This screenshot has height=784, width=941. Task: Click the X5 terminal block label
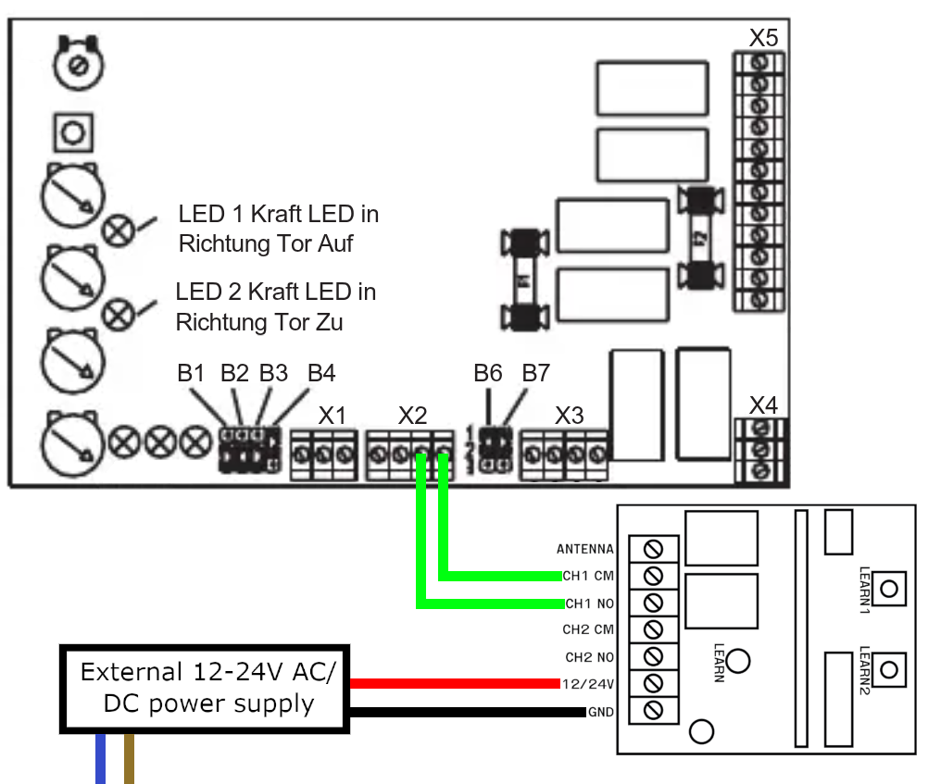pos(763,38)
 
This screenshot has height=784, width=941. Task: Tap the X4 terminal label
pos(763,404)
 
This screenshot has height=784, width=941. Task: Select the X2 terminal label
pos(413,415)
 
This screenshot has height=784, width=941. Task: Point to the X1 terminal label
pos(332,415)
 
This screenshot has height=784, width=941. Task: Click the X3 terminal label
pos(569,415)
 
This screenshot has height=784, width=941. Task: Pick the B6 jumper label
pos(488,374)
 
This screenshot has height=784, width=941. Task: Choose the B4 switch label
pos(321,374)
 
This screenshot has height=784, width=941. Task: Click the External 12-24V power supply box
pos(206,687)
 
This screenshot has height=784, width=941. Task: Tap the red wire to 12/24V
pos(455,683)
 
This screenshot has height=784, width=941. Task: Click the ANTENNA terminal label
pos(585,549)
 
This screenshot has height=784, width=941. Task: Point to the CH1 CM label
pos(589,576)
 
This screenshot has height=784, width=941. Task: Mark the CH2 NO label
pos(590,657)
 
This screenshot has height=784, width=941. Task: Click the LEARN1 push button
pos(890,587)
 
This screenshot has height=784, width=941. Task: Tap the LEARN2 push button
pos(890,667)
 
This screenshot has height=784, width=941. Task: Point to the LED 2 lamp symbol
pos(118,315)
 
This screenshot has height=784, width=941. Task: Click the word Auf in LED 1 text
pos(335,245)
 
